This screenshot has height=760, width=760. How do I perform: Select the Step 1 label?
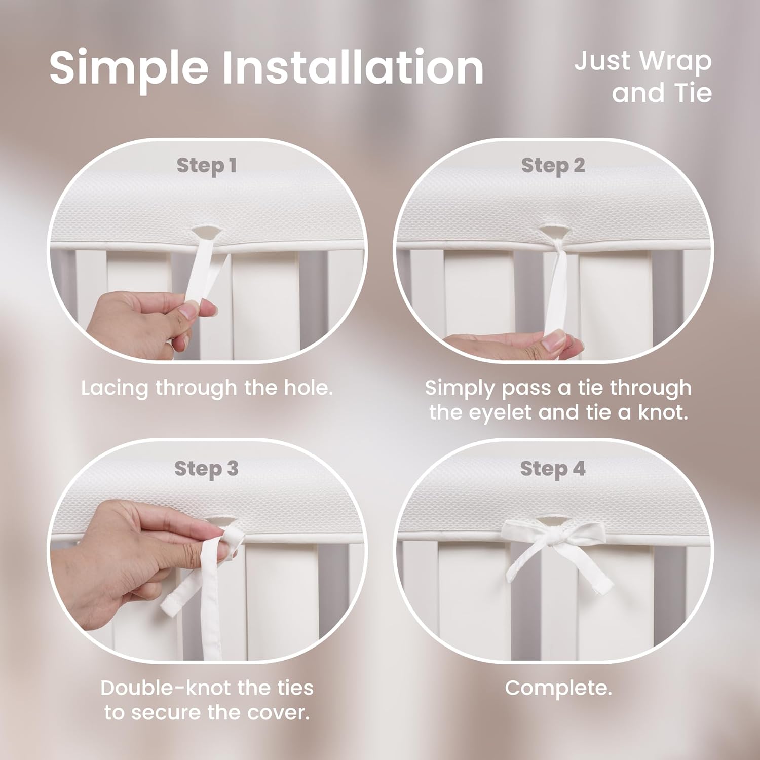207,165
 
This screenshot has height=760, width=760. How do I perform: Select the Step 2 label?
553,165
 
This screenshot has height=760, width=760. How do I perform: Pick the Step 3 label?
206,469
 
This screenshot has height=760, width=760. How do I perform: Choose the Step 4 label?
553,469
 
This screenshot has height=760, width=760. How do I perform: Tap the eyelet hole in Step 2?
553,232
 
